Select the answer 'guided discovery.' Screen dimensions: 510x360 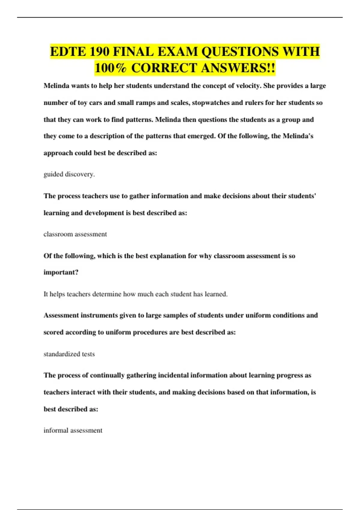tap(69, 174)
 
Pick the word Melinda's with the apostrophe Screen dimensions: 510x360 tap(298, 136)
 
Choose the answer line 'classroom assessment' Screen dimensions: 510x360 tap(75, 234)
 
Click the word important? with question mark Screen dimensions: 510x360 tap(61, 272)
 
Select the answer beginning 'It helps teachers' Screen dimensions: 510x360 tap(135, 294)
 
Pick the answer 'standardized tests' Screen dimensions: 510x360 tap(69, 354)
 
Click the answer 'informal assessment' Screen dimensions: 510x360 tap(73, 430)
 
